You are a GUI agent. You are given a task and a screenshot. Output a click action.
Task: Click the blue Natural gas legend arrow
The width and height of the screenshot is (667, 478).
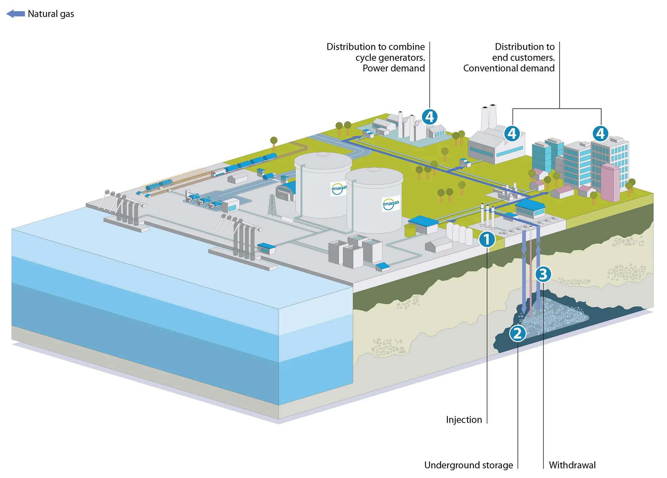[16, 14]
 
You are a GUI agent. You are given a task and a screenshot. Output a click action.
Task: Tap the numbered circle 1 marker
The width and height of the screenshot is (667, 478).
[487, 239]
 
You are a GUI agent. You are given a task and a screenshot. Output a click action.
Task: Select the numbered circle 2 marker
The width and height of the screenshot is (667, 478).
[518, 334]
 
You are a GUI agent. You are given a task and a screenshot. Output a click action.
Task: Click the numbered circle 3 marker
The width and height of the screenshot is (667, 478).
[543, 274]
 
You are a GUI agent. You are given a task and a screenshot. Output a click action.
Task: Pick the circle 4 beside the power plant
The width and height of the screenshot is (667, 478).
[430, 117]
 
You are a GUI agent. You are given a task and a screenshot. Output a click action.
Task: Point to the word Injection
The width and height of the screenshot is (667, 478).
[464, 420]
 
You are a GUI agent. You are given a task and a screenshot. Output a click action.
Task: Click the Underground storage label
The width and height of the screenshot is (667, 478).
[468, 465]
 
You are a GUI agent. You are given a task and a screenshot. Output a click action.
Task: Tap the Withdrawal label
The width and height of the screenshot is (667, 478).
[572, 465]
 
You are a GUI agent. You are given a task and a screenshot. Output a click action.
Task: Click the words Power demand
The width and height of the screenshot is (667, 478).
[393, 68]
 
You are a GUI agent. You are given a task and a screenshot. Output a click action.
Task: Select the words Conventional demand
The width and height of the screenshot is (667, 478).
[509, 68]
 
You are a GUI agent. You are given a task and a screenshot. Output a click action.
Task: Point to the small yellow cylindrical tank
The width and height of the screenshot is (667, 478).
[410, 230]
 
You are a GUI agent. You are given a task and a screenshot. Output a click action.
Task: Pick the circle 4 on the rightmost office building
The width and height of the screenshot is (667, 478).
[600, 133]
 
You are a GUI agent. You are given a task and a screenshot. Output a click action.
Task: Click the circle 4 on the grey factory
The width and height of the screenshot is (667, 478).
[512, 133]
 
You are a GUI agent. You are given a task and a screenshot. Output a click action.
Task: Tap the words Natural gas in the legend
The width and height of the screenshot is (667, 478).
[51, 14]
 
